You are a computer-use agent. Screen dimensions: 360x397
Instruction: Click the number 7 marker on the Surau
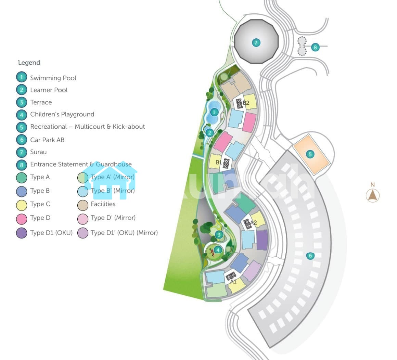(256, 43)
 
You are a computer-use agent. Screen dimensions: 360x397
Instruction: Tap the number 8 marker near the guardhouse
(315, 47)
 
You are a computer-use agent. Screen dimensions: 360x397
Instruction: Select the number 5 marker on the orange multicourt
(310, 154)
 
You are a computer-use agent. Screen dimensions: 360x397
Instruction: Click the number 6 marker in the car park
(310, 255)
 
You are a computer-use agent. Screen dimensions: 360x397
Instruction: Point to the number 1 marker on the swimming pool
(214, 112)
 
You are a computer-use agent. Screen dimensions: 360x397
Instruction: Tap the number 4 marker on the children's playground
(218, 250)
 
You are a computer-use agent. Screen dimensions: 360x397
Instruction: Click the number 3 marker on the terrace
(219, 235)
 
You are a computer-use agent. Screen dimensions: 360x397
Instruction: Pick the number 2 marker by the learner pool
(210, 132)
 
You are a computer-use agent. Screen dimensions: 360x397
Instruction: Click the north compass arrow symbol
(372, 195)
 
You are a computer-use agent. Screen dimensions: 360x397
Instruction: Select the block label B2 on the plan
(246, 103)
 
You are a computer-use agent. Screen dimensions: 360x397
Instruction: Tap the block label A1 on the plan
(233, 282)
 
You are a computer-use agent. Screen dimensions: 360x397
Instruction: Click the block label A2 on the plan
(253, 222)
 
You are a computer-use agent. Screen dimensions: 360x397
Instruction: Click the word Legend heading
(29, 63)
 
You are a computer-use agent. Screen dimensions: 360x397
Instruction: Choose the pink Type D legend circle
(22, 218)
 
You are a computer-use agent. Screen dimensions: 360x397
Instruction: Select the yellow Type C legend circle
(22, 205)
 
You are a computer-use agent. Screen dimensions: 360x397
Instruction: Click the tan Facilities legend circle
(83, 205)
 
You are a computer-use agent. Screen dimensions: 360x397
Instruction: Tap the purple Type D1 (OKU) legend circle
(22, 233)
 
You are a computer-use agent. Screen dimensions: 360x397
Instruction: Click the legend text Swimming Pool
(53, 78)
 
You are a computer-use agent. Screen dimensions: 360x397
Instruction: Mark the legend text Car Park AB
(47, 140)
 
